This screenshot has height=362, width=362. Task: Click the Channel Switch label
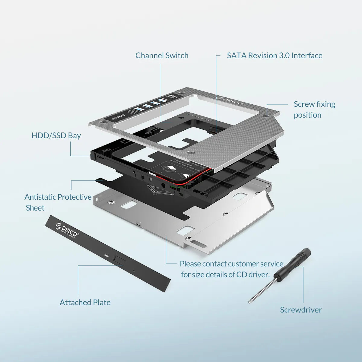coord(162,56)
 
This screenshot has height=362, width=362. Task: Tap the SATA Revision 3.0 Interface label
coord(275,56)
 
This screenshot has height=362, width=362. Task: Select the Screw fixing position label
coord(314,110)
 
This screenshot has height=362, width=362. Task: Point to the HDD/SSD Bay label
coord(56,135)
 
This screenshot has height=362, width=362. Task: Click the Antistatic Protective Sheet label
coord(58,202)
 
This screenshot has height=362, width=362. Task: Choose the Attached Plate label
coord(85,302)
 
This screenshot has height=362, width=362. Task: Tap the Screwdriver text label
coord(301,310)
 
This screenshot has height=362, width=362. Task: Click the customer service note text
coord(231,269)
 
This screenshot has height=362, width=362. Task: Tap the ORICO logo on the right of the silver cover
coord(229,100)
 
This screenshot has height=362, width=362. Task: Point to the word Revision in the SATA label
coord(262,56)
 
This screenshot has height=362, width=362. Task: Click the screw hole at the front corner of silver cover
coord(189,153)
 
